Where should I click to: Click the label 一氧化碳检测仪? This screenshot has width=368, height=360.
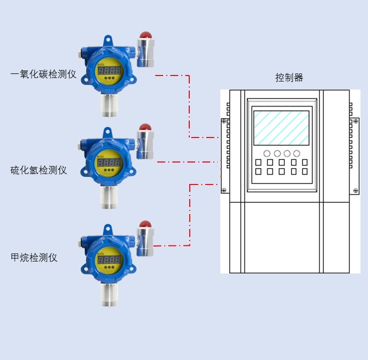click(44, 75)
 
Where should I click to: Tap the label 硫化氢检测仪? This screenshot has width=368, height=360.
click(39, 170)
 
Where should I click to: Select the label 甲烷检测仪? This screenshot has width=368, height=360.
click(34, 258)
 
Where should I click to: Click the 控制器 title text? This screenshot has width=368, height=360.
click(289, 77)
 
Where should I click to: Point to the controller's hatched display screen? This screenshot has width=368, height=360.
click(281, 128)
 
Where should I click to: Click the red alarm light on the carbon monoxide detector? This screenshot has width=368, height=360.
click(145, 36)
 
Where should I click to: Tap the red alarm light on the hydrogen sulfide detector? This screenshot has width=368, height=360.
click(145, 128)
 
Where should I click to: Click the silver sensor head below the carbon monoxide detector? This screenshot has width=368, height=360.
click(109, 104)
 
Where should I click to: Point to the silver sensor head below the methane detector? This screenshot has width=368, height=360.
click(109, 294)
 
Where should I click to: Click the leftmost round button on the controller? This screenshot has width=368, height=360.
click(267, 153)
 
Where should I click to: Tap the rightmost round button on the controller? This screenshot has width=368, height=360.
click(297, 153)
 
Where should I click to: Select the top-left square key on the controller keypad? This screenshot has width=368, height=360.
click(258, 162)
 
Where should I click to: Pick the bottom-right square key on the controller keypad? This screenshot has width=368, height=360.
click(304, 171)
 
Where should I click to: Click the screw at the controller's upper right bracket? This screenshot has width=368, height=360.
click(355, 121)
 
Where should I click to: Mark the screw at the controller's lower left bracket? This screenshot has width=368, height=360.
click(224, 190)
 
